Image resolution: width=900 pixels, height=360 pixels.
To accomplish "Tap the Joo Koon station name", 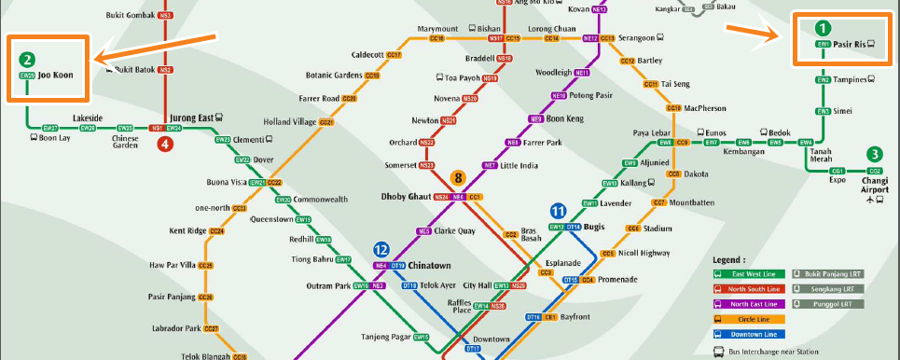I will click(x=55, y=75).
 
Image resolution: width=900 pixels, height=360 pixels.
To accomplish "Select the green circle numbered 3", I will click(x=874, y=155).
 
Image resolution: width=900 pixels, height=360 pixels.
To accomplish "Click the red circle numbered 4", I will click(x=165, y=144).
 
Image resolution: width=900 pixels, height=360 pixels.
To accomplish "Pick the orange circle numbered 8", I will click(x=458, y=177).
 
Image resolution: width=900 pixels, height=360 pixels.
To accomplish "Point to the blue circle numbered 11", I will click(x=559, y=211).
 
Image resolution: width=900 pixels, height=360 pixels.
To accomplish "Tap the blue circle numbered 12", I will click(x=381, y=250).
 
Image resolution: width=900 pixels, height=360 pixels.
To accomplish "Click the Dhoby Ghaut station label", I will click(x=408, y=197).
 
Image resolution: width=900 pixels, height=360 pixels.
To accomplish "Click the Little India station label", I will click(x=519, y=165).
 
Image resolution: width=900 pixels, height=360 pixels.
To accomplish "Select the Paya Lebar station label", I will click(x=653, y=132).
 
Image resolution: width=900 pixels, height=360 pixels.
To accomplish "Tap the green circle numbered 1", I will click(x=823, y=28).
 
